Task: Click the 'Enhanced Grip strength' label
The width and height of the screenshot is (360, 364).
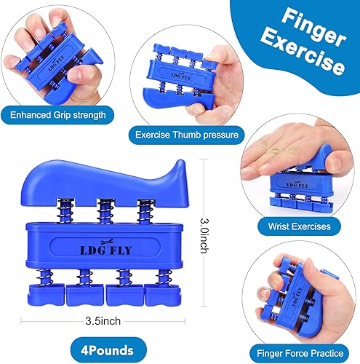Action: coord(63,114)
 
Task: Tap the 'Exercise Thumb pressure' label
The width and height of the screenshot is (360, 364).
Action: coord(180,134)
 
